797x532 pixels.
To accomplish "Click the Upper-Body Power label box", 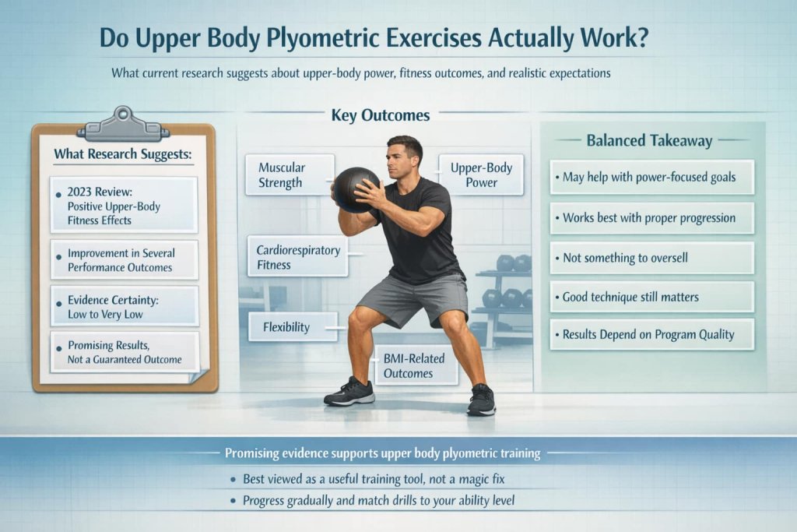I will [x=480, y=174].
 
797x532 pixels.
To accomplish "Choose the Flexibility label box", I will [x=293, y=326].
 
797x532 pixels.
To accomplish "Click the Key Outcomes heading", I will [x=381, y=115].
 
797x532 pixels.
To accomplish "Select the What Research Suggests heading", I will [x=122, y=153].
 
